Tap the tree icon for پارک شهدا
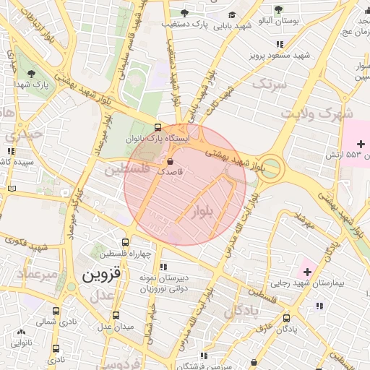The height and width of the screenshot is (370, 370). (30, 73)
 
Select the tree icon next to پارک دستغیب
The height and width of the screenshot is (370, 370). (184, 13)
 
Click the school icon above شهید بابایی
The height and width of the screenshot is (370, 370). (231, 14)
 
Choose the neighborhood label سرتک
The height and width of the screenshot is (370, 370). (269, 85)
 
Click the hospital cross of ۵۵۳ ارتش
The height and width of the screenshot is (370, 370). (361, 144)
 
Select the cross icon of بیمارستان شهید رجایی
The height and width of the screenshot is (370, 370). (308, 272)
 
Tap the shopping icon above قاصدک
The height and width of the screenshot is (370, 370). (171, 161)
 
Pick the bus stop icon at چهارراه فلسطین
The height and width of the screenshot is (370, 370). (126, 243)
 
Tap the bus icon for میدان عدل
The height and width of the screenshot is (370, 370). (116, 315)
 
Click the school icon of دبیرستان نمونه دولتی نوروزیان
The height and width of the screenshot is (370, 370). (163, 267)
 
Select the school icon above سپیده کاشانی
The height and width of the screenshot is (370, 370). (10, 152)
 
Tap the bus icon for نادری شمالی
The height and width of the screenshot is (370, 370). (56, 311)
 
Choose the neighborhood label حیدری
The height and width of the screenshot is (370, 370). (20, 135)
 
